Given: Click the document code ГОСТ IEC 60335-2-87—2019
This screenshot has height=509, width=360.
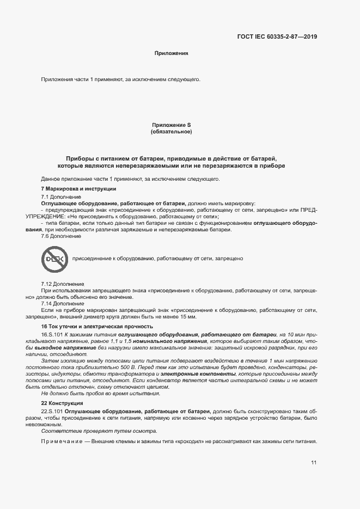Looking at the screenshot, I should [277, 37].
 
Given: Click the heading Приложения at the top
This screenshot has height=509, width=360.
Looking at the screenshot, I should [171, 53].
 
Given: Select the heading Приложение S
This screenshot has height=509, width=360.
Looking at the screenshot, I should [171, 125].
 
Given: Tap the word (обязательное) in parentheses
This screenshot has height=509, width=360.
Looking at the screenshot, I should [171, 132].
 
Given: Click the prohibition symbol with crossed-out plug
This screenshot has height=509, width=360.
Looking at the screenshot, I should [53, 259].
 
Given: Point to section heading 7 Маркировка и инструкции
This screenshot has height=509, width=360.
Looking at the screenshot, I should [78, 188].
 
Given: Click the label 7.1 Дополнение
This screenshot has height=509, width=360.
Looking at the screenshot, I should [61, 196].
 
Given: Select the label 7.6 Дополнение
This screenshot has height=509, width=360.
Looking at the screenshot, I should [61, 236].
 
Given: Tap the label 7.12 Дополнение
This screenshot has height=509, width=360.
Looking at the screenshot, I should [63, 284].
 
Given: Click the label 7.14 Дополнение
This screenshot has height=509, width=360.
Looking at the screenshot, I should [63, 303].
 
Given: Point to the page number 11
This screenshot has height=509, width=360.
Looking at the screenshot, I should [314, 463].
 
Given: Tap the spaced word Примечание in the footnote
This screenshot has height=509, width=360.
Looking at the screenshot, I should [62, 441].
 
